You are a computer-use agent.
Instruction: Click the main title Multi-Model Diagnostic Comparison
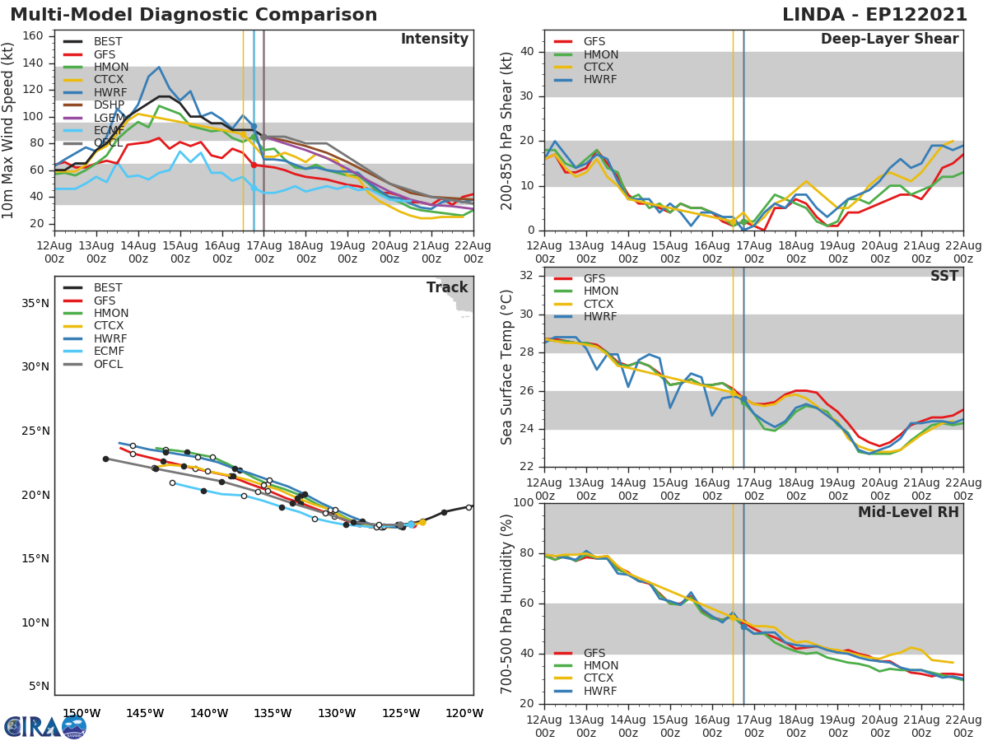click(193, 15)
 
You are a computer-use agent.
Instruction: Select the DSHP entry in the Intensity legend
click(108, 105)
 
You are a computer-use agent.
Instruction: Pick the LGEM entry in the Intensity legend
click(108, 118)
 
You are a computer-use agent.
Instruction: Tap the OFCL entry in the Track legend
click(108, 364)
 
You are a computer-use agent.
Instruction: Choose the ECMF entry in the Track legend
click(108, 352)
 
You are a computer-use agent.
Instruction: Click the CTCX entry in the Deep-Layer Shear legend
click(600, 68)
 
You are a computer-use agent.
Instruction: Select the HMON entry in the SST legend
click(600, 291)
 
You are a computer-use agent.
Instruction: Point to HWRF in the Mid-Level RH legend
click(600, 691)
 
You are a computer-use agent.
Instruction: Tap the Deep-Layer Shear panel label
click(889, 40)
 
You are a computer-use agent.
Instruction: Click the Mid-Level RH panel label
click(908, 512)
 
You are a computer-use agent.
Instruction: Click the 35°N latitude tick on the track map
click(35, 303)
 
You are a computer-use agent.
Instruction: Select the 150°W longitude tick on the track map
click(82, 714)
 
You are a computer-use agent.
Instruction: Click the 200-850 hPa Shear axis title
click(507, 130)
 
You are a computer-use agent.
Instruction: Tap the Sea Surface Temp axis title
click(507, 366)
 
